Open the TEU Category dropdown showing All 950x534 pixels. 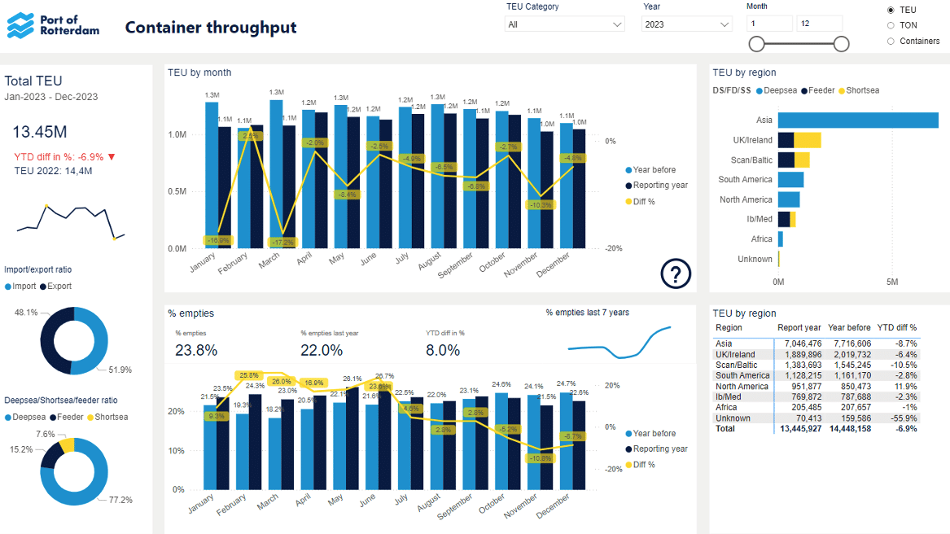click(564, 24)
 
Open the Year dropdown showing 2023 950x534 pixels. click(687, 24)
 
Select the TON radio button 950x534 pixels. click(891, 25)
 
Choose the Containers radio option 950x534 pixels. click(891, 41)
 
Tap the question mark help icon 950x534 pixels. click(676, 274)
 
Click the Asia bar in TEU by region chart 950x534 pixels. click(858, 120)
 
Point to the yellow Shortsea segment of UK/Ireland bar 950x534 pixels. click(808, 140)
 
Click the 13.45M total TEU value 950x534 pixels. click(39, 132)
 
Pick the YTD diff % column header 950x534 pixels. click(896, 327)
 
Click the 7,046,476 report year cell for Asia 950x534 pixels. click(803, 344)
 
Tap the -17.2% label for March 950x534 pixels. click(282, 243)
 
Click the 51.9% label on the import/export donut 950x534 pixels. click(120, 370)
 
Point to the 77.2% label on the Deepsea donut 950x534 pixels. click(120, 499)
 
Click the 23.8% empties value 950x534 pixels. click(196, 350)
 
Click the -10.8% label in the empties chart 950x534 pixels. click(541, 458)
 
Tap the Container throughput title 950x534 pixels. click(211, 28)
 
